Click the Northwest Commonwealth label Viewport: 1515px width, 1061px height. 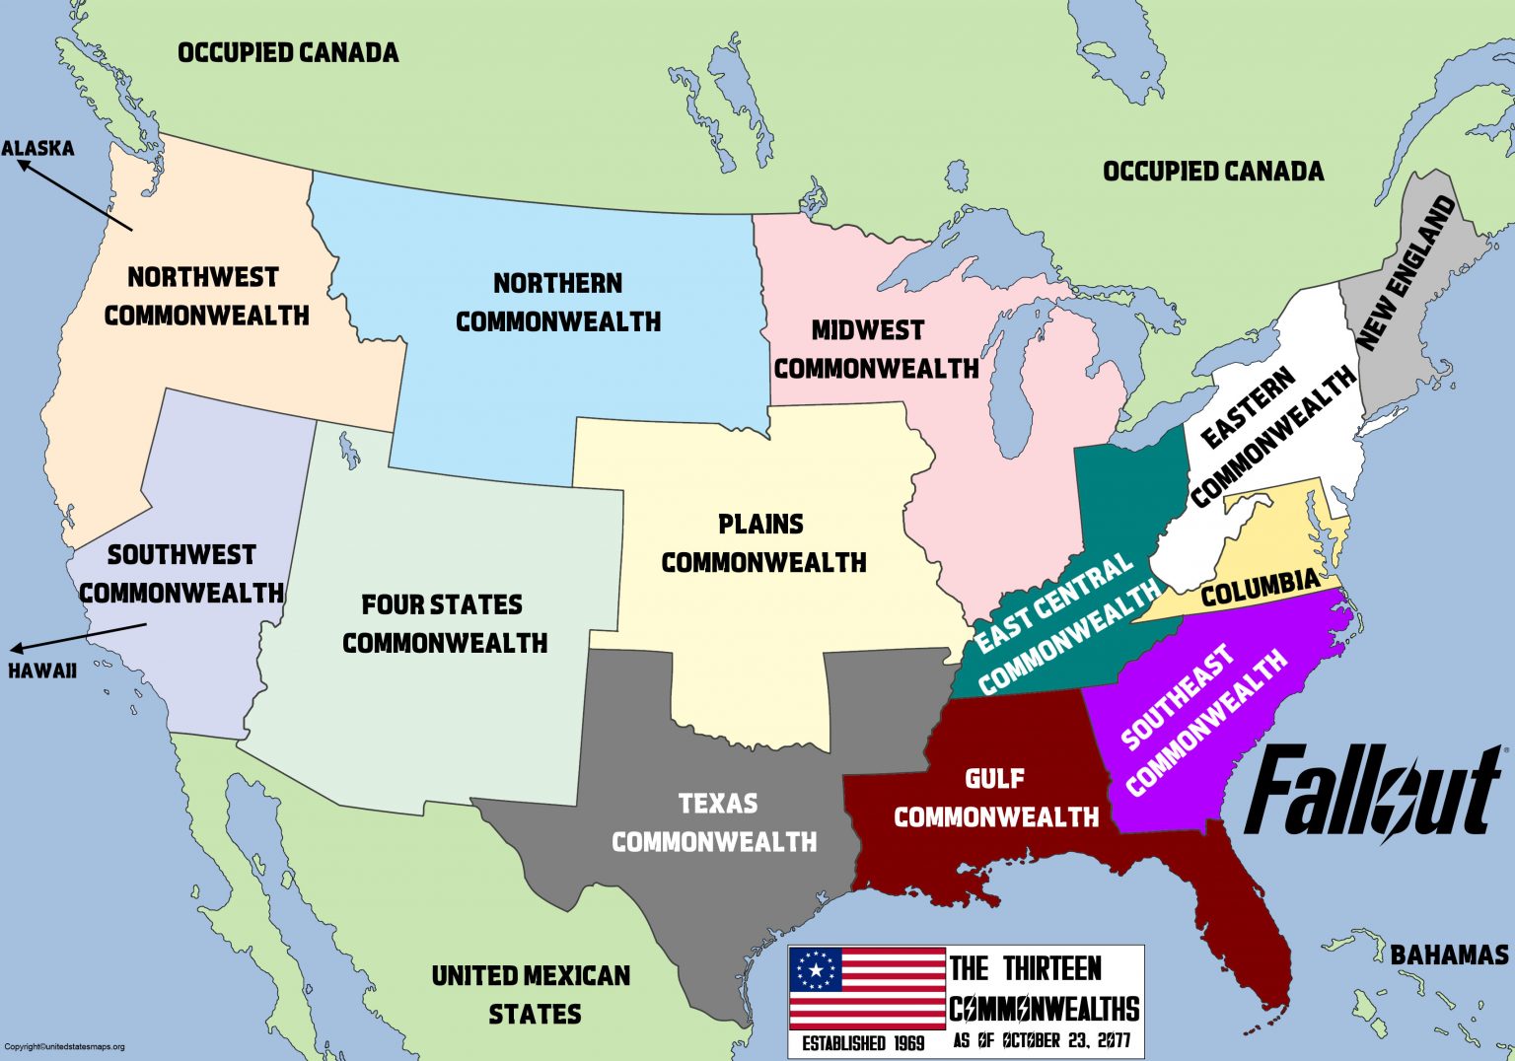pos(205,296)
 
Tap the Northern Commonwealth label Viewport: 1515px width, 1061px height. pos(558,302)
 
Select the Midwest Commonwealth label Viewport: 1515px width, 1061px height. pos(875,349)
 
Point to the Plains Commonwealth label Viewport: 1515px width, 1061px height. pos(763,542)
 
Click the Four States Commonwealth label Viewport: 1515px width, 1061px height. pos(444,623)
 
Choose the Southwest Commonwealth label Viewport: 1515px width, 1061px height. pos(181,573)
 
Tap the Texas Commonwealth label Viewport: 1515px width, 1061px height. pos(715,822)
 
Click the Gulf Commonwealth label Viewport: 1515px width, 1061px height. pos(996,798)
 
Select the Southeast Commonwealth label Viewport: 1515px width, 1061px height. pos(1204,721)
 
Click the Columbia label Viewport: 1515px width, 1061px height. pos(1260,589)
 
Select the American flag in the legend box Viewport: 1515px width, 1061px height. pos(867,987)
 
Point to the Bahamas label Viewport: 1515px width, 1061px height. pos(1449,955)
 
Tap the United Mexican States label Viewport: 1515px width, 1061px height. pos(533,994)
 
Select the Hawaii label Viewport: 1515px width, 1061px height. pos(42,671)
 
